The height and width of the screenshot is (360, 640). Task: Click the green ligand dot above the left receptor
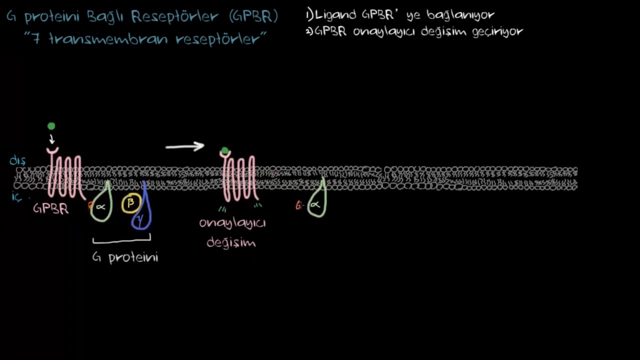pyautogui.click(x=51, y=126)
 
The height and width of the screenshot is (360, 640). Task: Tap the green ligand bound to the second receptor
pyautogui.click(x=225, y=150)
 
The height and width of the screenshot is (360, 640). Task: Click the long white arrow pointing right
pyautogui.click(x=184, y=146)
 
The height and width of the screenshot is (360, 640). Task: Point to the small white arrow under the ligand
pyautogui.click(x=51, y=139)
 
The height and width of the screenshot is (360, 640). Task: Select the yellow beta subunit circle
pyautogui.click(x=131, y=203)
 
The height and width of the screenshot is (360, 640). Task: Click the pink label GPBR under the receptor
pyautogui.click(x=51, y=208)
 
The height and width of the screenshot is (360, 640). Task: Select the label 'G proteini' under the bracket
pyautogui.click(x=125, y=257)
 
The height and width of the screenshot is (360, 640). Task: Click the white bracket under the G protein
pyautogui.click(x=121, y=239)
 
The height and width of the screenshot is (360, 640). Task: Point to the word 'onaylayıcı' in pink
pyautogui.click(x=232, y=223)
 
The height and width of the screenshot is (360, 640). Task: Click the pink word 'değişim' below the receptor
pyautogui.click(x=231, y=242)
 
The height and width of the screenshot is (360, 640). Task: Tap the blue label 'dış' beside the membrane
pyautogui.click(x=17, y=161)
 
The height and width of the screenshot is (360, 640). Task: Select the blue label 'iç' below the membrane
pyautogui.click(x=16, y=196)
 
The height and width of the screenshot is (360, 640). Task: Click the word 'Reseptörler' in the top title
pyautogui.click(x=174, y=17)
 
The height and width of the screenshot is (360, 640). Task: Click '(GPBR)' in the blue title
pyautogui.click(x=253, y=17)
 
